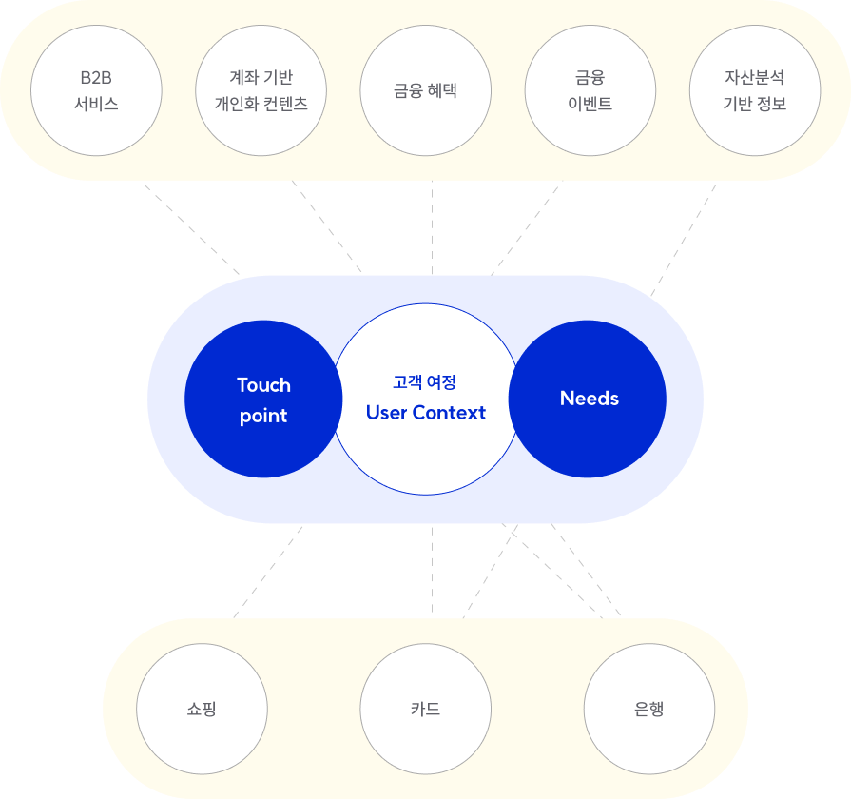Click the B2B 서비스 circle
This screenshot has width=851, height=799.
pos(96,90)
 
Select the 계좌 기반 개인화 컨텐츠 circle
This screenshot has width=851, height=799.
pos(261,90)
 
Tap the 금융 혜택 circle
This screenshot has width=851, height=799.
pos(425,90)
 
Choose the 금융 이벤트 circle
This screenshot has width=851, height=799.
pos(590,90)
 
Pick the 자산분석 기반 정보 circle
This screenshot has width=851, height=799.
pos(754,90)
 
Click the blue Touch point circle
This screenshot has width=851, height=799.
pos(263,399)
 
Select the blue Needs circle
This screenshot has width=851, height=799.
pos(588,399)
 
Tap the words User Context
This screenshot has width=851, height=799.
pos(425,413)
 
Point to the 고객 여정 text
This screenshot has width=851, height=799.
pos(425,382)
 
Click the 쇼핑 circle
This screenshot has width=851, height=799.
pos(203,710)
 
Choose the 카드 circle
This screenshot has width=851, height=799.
pos(425,710)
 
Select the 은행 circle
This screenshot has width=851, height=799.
pos(648,710)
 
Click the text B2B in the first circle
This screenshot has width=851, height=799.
pos(96,78)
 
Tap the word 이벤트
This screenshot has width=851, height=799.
pos(590,104)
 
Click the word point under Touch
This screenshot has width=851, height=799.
pos(263,416)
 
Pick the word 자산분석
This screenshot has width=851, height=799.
pos(754,78)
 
